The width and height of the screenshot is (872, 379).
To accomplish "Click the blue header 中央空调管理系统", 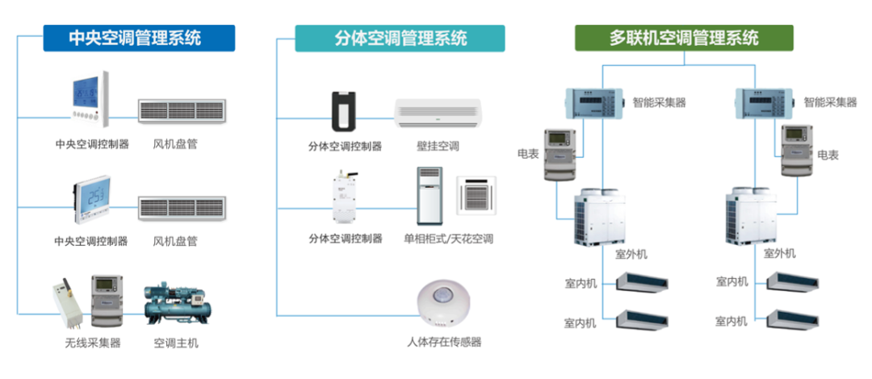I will [x=139, y=38].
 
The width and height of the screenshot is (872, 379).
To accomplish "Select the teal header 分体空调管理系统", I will [x=400, y=38].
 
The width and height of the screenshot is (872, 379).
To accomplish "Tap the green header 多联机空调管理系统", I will [x=683, y=38].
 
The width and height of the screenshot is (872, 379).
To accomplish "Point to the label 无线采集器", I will [x=93, y=343].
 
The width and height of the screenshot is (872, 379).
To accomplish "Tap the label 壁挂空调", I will [x=438, y=147].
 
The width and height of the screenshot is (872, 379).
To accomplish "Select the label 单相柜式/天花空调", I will [x=448, y=239].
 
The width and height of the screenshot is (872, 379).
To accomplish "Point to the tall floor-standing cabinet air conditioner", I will [x=430, y=196].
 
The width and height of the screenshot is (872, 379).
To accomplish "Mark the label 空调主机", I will [x=175, y=343].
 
